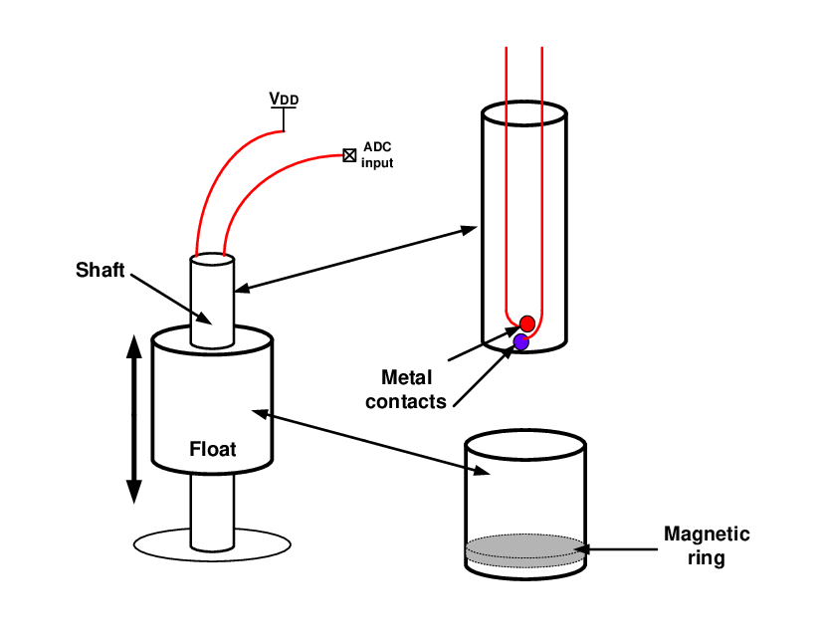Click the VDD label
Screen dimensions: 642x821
[x=284, y=99]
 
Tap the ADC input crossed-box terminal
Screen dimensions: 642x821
[x=349, y=154]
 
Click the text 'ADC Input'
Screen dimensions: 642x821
[x=377, y=154]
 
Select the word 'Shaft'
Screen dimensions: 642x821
[x=100, y=270]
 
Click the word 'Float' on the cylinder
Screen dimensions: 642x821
[x=213, y=449]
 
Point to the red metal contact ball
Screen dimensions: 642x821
[x=527, y=323]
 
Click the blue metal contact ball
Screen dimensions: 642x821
[x=519, y=341]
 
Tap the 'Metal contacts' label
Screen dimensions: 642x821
[x=406, y=389]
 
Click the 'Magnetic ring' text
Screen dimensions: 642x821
[x=707, y=545]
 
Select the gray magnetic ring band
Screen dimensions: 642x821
[x=524, y=547]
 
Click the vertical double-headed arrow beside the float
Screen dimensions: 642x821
[x=133, y=419]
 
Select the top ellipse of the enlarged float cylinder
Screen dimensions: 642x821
[x=524, y=442]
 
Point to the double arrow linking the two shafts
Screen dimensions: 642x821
[x=356, y=260]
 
